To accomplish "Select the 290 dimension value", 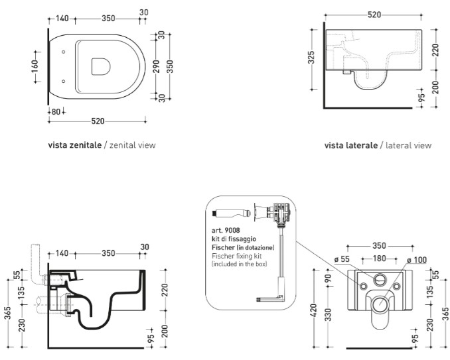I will tap(157, 66).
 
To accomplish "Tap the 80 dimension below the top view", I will tap(56, 110).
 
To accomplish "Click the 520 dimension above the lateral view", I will tap(373, 15).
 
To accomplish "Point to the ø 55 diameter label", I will tap(342, 260).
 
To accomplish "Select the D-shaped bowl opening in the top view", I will tap(100, 66).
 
